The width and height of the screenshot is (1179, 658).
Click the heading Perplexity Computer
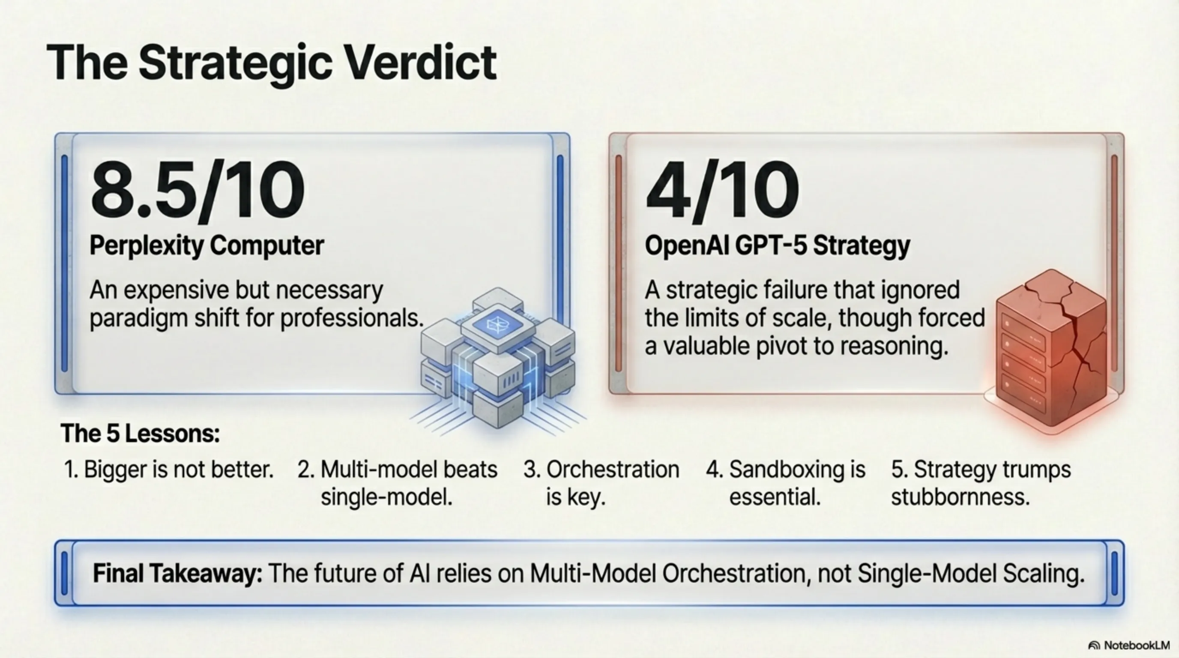[x=207, y=246]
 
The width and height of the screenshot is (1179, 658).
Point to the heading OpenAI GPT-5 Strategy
[x=778, y=246]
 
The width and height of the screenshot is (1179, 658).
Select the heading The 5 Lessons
[x=140, y=434]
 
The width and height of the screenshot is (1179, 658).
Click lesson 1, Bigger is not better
[x=169, y=470]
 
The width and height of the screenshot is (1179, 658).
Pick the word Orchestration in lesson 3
[x=613, y=470]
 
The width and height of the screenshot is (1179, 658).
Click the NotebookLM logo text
[x=1137, y=645]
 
